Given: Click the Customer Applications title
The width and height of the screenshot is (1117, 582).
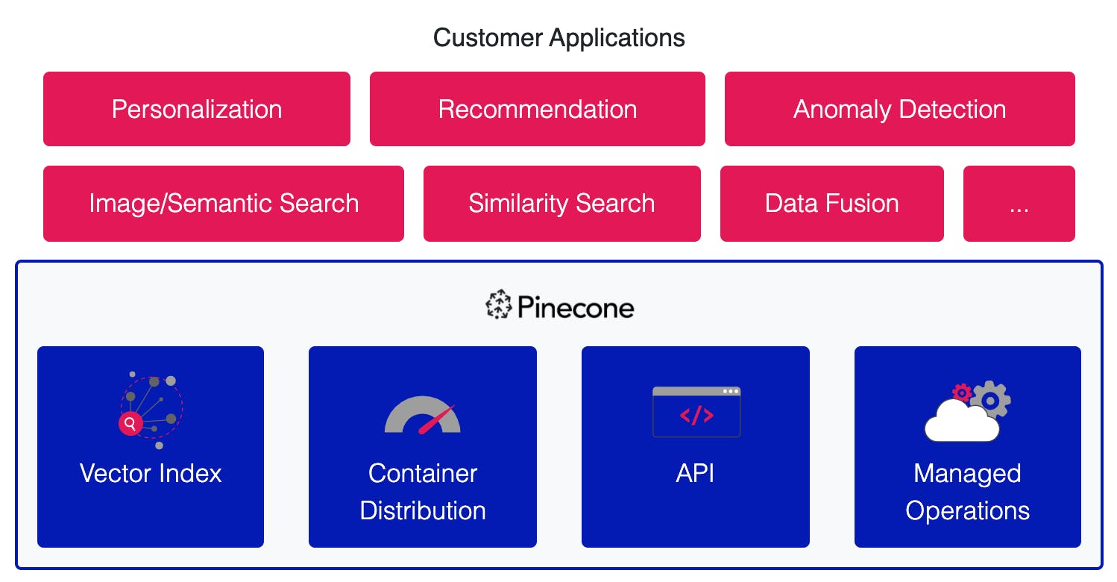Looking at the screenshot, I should (x=558, y=37).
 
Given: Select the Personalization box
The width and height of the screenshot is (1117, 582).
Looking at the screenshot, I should (x=197, y=109).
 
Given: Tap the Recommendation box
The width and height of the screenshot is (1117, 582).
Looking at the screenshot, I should (x=537, y=109).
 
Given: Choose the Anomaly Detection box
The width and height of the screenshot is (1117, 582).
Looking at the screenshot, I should (x=899, y=109).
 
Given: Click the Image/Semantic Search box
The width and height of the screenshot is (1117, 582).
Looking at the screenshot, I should (x=224, y=203).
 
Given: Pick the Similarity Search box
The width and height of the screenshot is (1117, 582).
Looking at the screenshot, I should (x=561, y=203).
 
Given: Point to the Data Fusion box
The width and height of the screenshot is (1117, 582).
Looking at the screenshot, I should (x=831, y=203).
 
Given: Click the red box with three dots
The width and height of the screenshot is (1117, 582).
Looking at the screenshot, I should (x=1019, y=203).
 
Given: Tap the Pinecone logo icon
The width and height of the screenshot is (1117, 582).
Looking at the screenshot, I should (x=498, y=306).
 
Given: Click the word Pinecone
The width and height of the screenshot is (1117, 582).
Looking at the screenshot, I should (x=575, y=307).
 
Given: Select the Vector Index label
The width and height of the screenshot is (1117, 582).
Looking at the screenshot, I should (x=151, y=473).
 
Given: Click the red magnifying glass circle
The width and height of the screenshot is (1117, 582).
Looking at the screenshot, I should (x=130, y=424).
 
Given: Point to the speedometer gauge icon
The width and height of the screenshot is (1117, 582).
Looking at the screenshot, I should (x=422, y=416).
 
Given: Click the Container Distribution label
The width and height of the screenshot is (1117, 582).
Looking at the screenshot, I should (x=423, y=492).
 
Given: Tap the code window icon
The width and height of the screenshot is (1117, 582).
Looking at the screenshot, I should (x=696, y=411).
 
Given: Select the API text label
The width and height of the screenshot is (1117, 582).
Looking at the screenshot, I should (x=695, y=473).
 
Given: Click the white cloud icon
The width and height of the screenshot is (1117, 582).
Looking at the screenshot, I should (x=961, y=422).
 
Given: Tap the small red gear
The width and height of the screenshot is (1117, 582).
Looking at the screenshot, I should (x=962, y=392).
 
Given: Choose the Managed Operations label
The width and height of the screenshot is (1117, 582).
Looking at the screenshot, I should (x=967, y=492).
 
